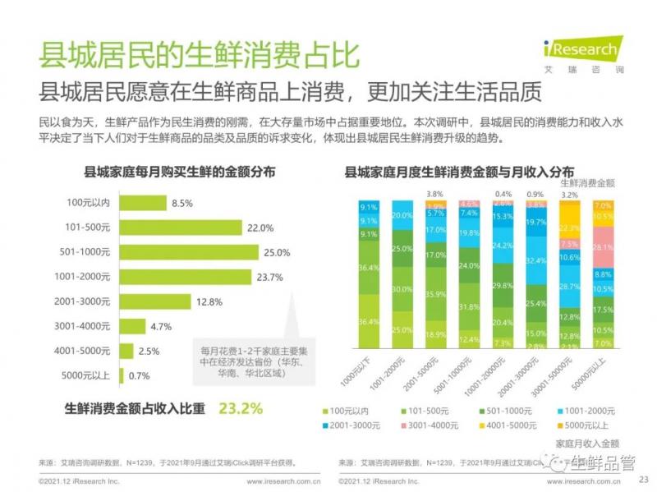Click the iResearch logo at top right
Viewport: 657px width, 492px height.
coord(580,52)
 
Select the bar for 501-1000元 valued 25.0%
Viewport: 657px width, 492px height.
coord(189,252)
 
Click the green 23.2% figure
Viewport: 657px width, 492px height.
coord(240,407)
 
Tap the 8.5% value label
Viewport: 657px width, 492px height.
coord(182,203)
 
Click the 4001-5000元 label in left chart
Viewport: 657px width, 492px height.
coord(86,352)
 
